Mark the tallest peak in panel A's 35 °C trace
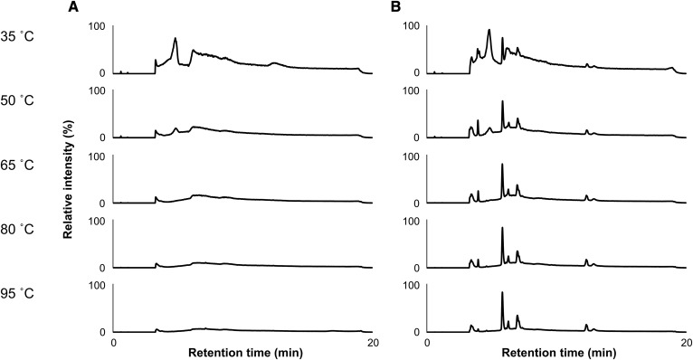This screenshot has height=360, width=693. (176, 39)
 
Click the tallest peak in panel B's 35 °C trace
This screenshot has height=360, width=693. (489, 30)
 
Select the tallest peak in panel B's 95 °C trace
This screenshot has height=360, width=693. (502, 292)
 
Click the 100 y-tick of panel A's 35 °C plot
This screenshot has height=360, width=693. (97, 26)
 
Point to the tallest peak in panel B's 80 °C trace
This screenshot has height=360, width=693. (502, 228)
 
